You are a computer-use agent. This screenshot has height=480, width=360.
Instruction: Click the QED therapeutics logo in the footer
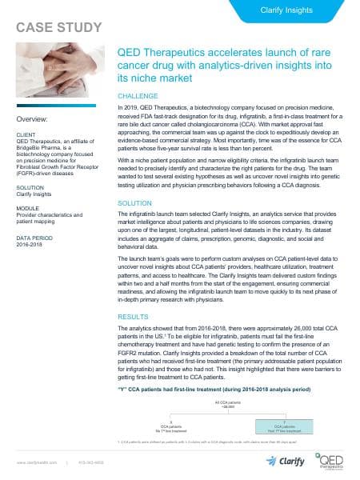point(331,462)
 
